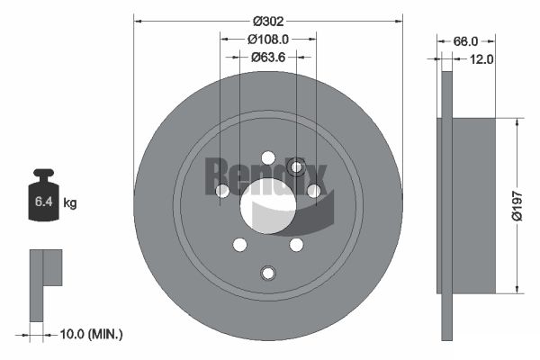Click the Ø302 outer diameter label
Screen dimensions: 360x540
coord(267,21)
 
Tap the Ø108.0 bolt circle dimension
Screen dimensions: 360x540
coord(267,40)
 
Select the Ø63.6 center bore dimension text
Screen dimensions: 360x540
coord(267,57)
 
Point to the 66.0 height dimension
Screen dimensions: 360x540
coord(464,41)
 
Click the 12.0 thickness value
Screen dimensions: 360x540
coord(481,59)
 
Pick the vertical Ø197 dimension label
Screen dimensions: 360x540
coord(517,205)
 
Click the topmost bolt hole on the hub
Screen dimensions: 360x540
coord(267,158)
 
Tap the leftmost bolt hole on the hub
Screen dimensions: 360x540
coord(222,190)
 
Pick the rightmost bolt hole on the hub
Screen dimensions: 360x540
coord(313,190)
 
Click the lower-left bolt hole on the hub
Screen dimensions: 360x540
coord(239,244)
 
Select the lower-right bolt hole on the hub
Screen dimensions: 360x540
coord(295,244)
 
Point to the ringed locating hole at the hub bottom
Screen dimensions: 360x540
coord(267,273)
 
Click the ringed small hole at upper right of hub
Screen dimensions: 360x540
coord(298,166)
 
